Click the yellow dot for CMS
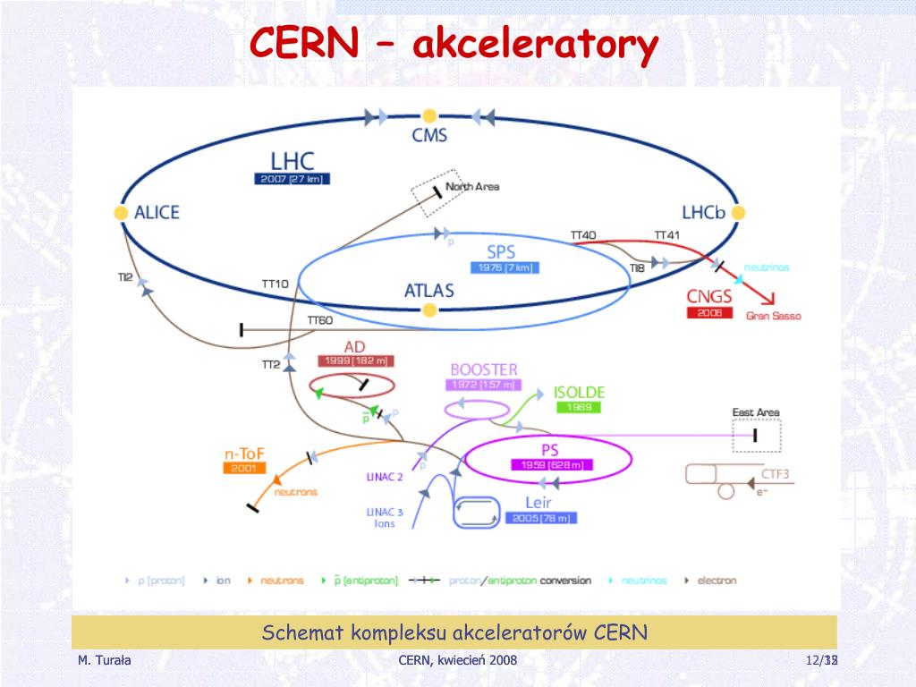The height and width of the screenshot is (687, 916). [x=429, y=116]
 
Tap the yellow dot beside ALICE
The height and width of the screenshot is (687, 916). [x=121, y=213]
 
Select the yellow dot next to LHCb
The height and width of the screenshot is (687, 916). [x=738, y=212]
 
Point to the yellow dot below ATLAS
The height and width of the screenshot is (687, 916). [x=429, y=310]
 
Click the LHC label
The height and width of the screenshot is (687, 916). [x=293, y=161]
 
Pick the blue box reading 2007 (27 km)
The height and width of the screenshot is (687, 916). [x=293, y=179]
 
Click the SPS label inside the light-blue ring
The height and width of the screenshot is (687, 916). [x=501, y=251]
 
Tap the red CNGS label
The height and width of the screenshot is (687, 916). [x=709, y=296]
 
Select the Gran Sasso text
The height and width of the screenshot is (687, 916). [x=774, y=316]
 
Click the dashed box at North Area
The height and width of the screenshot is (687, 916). [x=435, y=191]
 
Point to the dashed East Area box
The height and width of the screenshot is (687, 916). [x=756, y=436]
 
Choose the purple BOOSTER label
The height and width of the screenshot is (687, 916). [x=483, y=369]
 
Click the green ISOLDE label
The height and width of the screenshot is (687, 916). [x=579, y=392]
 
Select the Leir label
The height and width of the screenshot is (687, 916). [x=538, y=503]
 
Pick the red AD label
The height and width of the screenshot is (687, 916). [x=354, y=346]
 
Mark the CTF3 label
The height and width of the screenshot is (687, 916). [x=775, y=474]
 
